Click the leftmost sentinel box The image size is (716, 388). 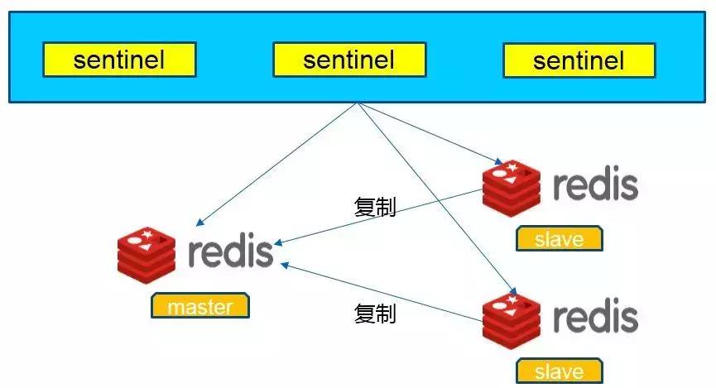click(x=119, y=60)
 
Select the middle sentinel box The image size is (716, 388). click(x=349, y=60)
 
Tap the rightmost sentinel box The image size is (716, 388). click(x=579, y=60)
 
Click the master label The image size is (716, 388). click(x=199, y=306)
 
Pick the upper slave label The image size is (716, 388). click(x=560, y=239)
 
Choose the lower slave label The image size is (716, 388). click(x=560, y=371)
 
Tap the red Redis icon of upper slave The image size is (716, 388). click(x=512, y=186)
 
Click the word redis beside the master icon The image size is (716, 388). click(x=230, y=251)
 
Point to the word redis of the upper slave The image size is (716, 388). click(x=595, y=185)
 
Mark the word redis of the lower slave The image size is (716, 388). click(x=595, y=319)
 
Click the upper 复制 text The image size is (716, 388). click(x=375, y=207)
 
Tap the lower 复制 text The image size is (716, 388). click(x=375, y=314)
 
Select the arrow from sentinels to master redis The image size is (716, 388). click(x=277, y=165)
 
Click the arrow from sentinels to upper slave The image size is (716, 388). click(x=430, y=133)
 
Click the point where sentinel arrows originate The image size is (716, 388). click(x=357, y=103)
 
